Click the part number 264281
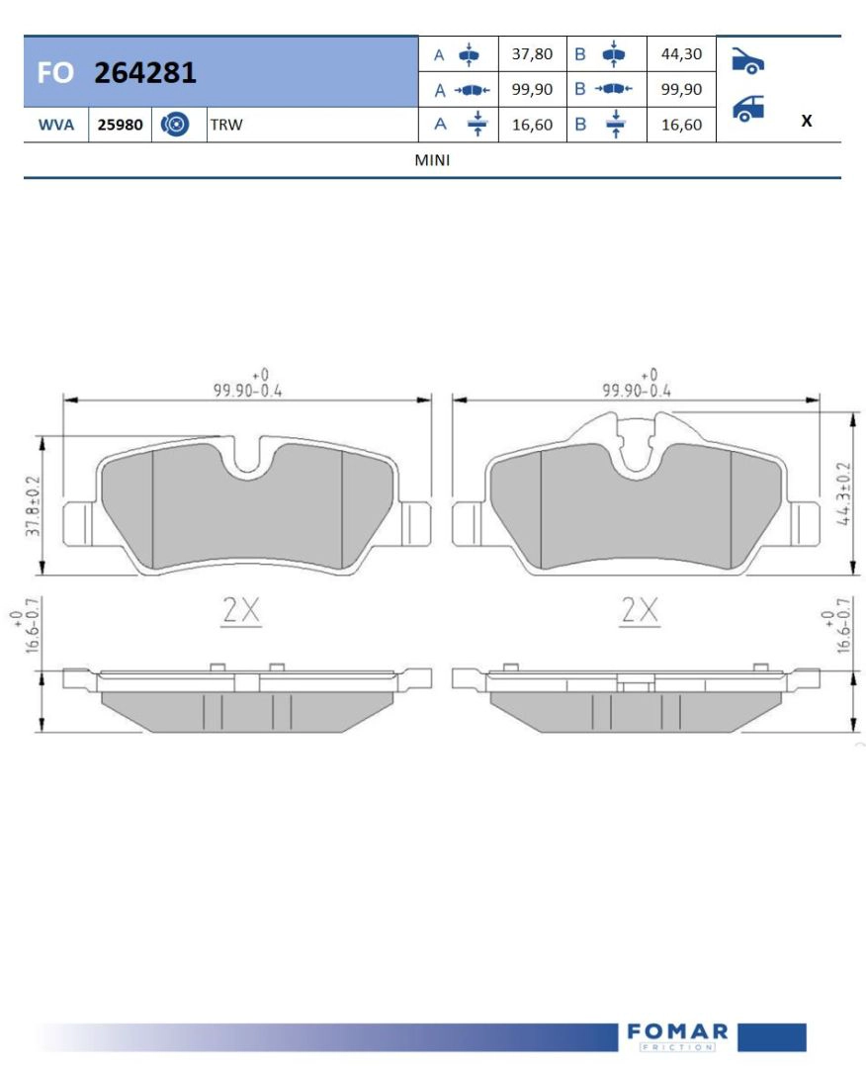145,72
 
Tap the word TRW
225,126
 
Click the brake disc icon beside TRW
175,126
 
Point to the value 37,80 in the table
532,54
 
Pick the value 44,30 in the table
680,54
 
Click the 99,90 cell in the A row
532,89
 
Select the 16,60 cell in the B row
680,125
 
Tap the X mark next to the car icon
807,121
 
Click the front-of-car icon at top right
747,61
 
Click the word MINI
433,160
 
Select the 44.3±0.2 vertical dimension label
843,490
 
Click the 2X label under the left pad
240,611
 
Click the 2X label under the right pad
639,611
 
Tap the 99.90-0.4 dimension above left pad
247,390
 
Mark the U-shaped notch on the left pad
248,460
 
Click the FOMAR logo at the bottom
677,1035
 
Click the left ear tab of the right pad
468,524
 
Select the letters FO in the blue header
55,73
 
